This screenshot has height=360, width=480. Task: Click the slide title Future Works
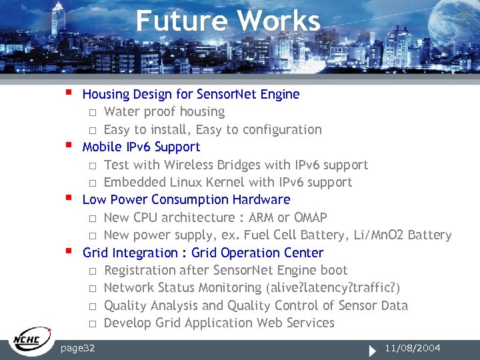point(228,20)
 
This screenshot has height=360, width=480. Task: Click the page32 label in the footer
point(77,349)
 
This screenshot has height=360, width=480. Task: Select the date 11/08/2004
point(413,349)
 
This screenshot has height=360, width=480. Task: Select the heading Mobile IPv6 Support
point(141,147)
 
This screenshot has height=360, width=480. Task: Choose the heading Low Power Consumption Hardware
point(186,199)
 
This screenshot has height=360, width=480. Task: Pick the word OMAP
point(310,217)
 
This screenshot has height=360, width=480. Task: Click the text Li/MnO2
point(373,235)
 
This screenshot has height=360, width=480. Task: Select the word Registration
point(141,270)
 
